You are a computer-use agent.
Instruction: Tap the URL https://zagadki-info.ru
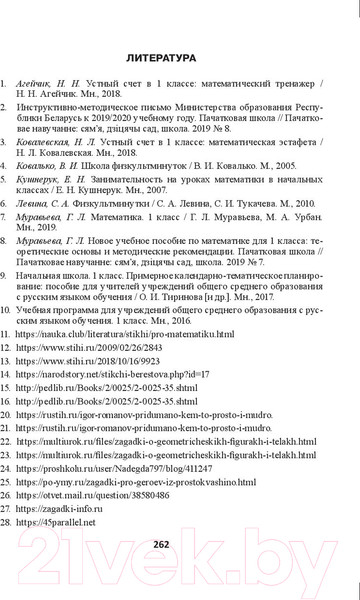click(80, 518)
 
